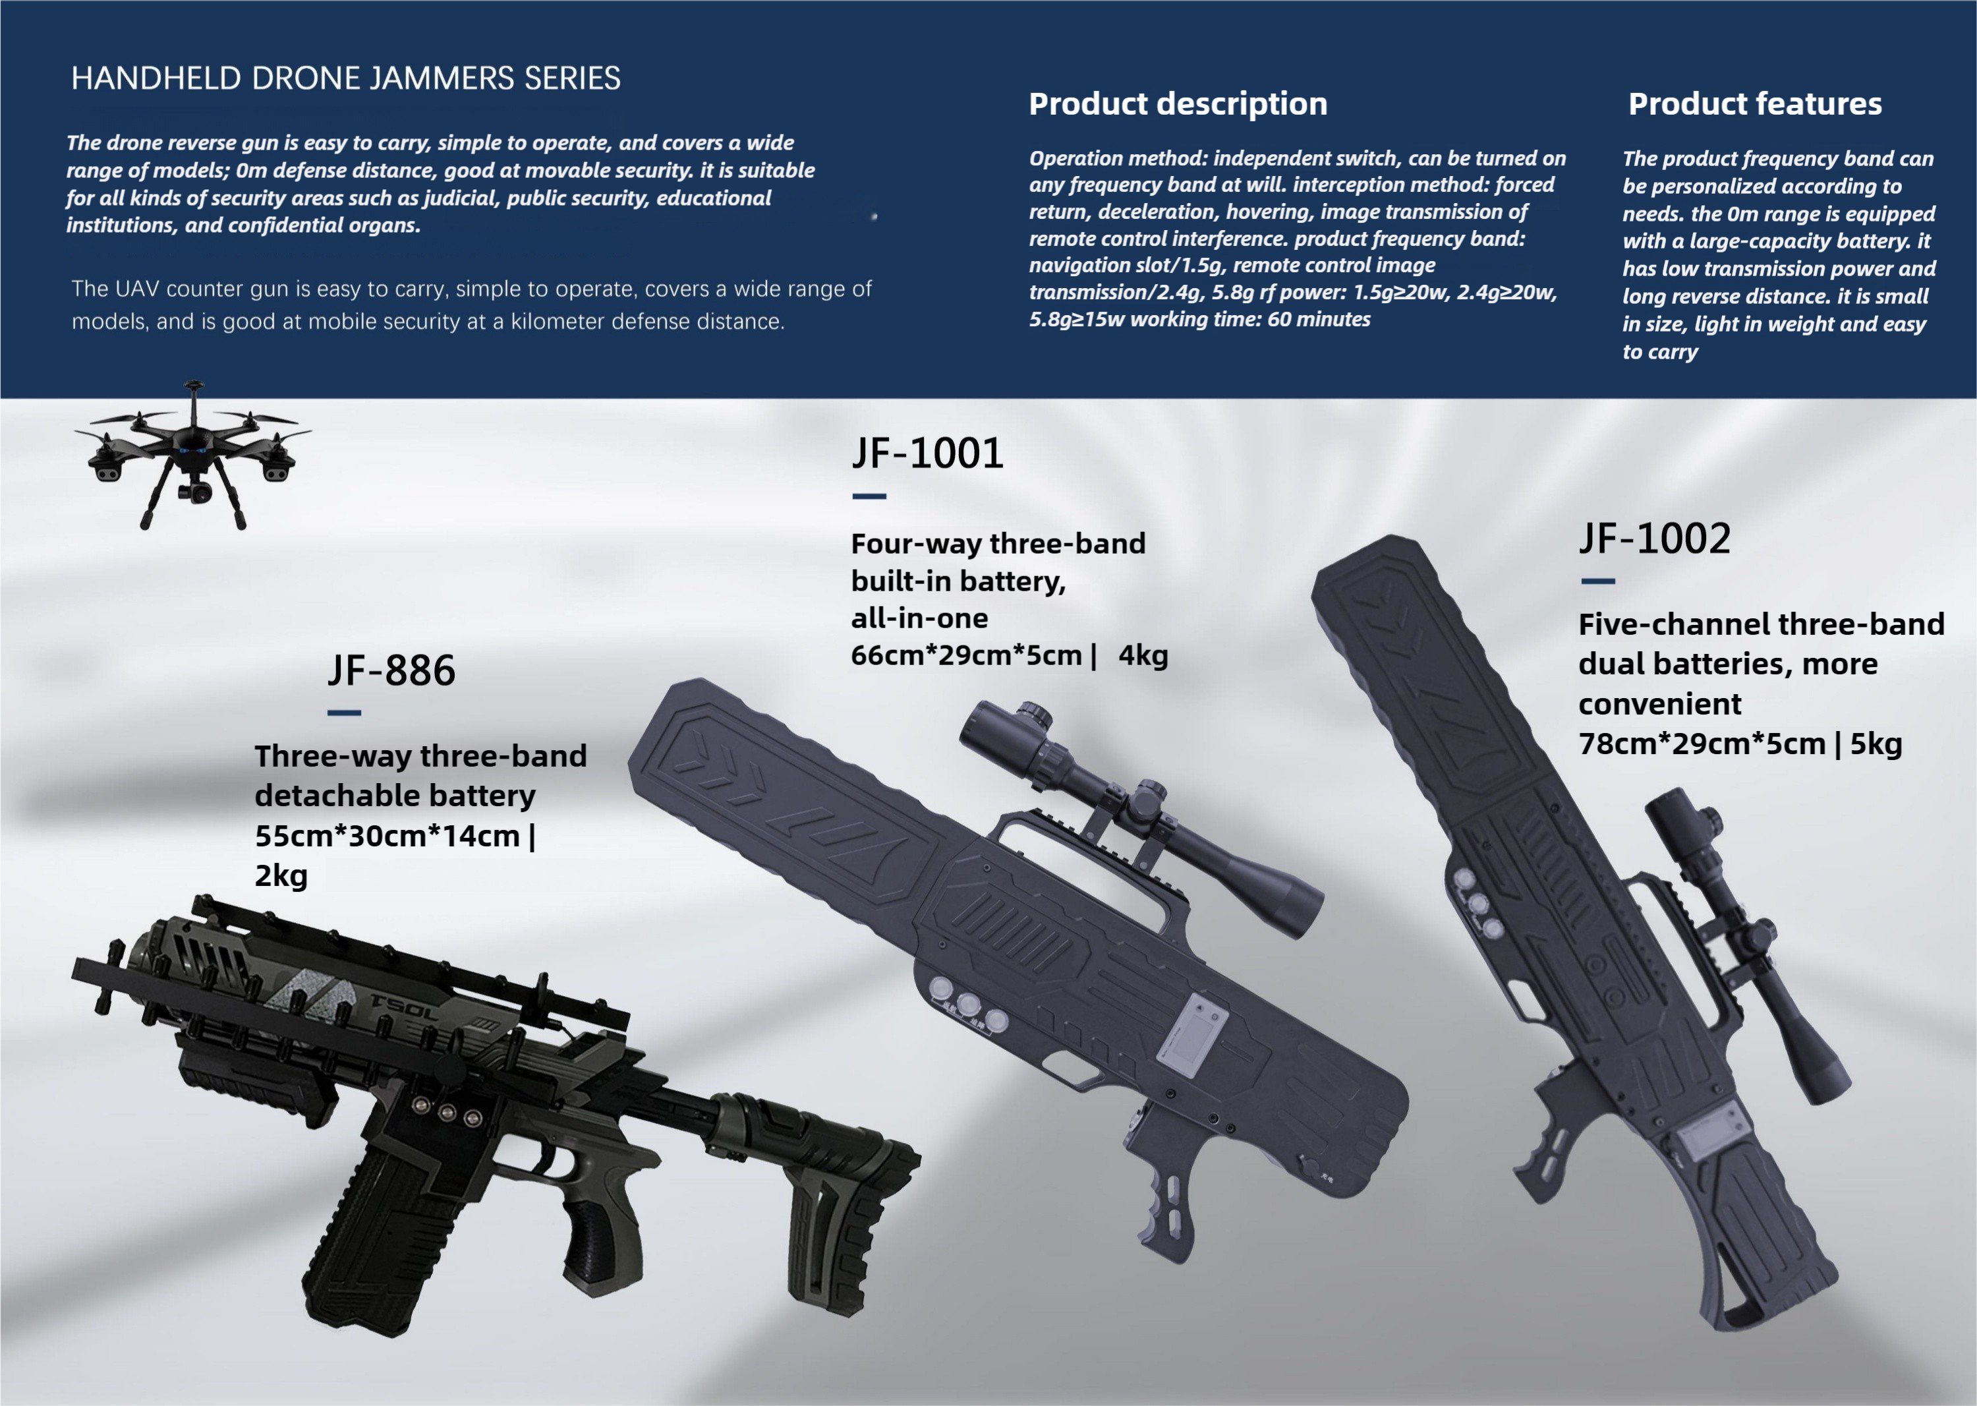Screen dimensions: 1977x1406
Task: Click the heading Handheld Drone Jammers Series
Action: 345,79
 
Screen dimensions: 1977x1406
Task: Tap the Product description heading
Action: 1177,104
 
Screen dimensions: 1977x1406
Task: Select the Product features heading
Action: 1754,104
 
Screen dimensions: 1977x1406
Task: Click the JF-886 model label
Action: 391,670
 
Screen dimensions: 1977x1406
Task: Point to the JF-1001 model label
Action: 927,453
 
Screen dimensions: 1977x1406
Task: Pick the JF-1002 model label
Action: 1654,539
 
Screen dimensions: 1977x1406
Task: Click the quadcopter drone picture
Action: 193,455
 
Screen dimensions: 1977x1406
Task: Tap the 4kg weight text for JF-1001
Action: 1143,655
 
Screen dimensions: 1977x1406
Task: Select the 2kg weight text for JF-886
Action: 281,875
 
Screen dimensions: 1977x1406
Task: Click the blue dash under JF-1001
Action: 869,496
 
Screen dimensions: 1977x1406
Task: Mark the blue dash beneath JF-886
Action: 343,713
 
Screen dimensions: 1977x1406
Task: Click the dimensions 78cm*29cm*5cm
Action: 1701,744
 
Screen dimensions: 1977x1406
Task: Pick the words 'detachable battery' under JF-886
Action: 395,796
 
